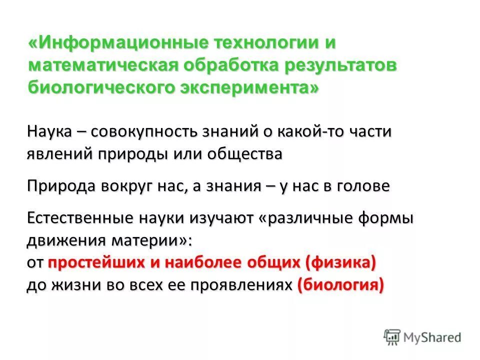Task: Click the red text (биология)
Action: (x=340, y=284)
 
